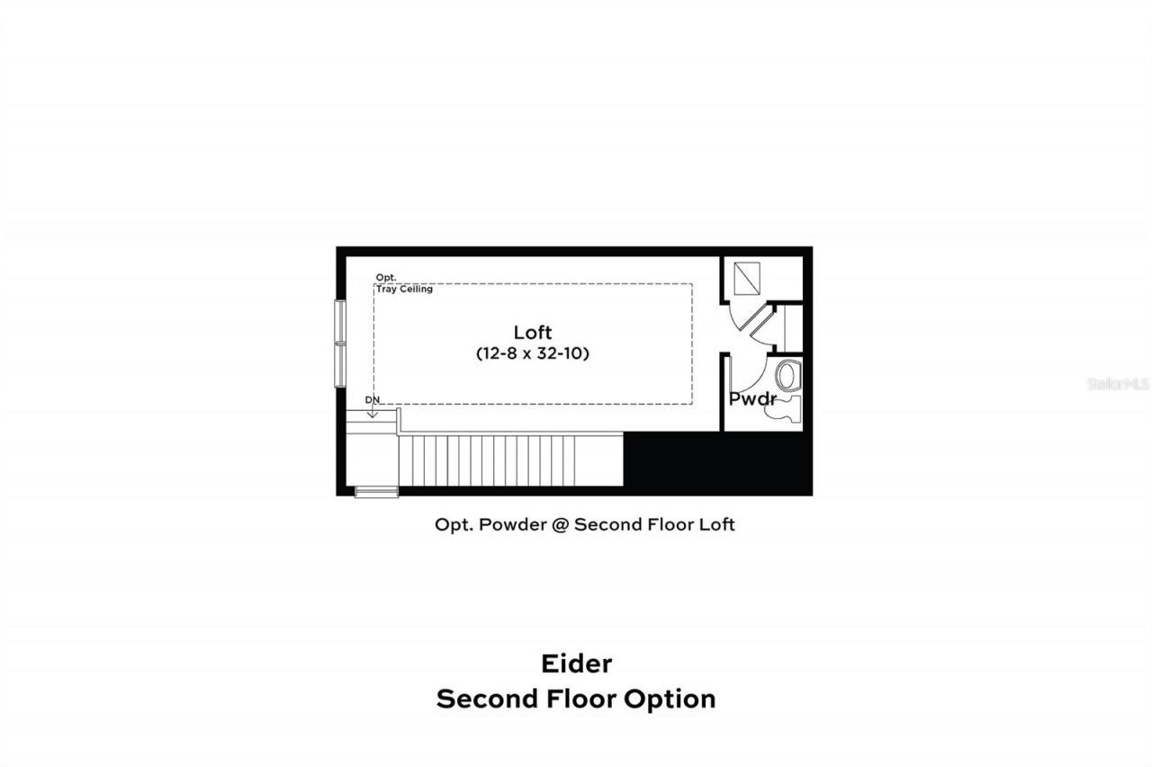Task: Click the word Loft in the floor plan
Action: pos(532,332)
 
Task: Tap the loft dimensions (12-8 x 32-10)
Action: pos(532,354)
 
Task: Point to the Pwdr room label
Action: pos(751,399)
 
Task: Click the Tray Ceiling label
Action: pos(404,289)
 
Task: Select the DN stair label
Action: pos(373,399)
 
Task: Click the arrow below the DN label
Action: pos(373,412)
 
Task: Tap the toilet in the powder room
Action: pos(787,373)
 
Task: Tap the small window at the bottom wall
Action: pos(376,491)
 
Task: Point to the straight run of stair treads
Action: pos(509,460)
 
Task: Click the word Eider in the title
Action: pos(576,664)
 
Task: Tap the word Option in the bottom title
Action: pos(670,699)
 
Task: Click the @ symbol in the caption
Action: pos(560,524)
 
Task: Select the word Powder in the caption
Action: pos(516,524)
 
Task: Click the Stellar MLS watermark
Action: pos(1119,383)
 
